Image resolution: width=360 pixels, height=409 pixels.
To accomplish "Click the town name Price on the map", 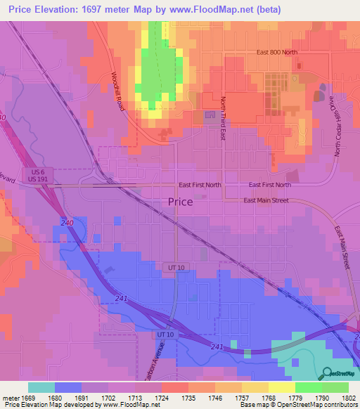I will tap(181, 202).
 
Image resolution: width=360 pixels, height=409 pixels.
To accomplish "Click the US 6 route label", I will tap(38, 171).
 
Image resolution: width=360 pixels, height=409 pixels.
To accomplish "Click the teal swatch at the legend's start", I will tap(41, 387).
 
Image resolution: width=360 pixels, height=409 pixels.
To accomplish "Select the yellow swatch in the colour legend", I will tap(281, 387).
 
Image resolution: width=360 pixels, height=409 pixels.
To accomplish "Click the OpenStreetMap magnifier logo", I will tap(327, 374).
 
